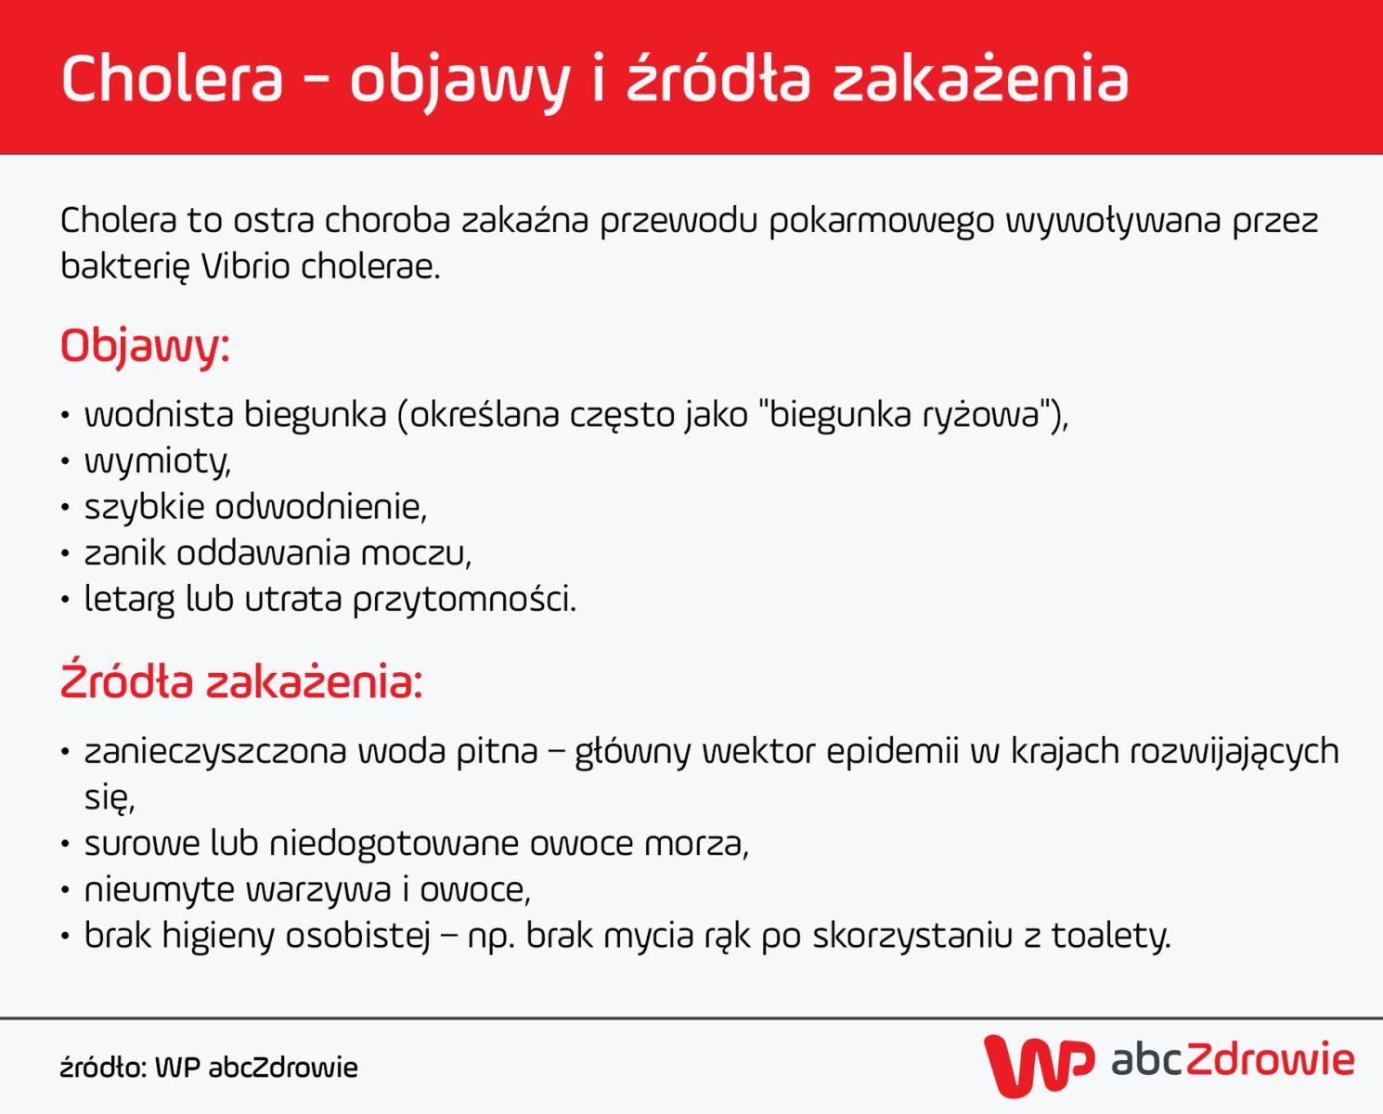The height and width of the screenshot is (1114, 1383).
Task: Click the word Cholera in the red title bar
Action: click(x=172, y=78)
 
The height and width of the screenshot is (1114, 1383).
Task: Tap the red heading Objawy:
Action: click(x=145, y=346)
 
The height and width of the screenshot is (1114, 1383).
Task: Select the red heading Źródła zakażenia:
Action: click(x=241, y=682)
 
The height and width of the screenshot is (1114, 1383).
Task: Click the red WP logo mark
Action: click(x=1038, y=1064)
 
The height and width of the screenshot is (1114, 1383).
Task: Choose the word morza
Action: click(x=696, y=843)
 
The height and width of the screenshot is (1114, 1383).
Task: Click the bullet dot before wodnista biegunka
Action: click(x=65, y=415)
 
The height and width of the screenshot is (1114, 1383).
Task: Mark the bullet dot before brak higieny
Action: click(x=65, y=936)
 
